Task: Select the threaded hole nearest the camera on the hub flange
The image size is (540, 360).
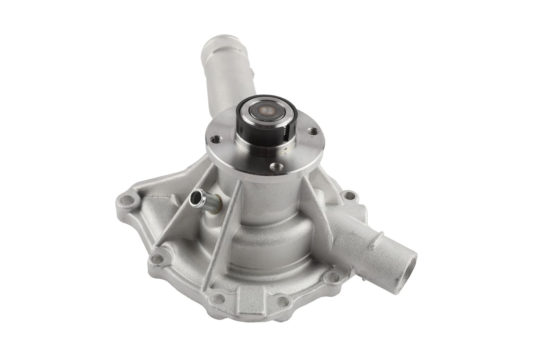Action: (x=276, y=167)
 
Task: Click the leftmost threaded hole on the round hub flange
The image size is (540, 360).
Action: (x=217, y=139)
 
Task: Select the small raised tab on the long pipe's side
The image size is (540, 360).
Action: (x=254, y=73)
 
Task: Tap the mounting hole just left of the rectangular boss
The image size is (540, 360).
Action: (x=217, y=297)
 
